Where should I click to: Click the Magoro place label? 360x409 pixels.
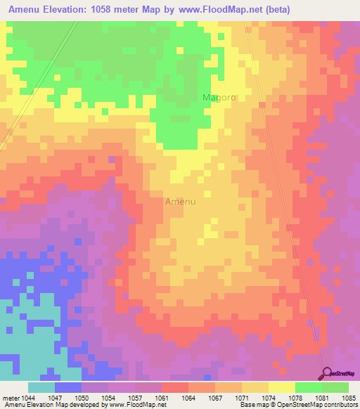[219, 98]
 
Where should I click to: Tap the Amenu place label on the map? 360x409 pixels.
[180, 201]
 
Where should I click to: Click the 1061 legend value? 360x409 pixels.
[161, 396]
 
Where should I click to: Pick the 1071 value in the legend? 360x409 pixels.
[240, 396]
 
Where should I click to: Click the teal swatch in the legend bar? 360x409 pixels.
[41, 387]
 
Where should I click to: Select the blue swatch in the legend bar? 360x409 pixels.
[67, 387]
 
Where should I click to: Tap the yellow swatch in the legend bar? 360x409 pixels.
[281, 387]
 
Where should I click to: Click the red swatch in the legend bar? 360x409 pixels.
[174, 387]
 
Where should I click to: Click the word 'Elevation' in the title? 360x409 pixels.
[60, 11]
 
